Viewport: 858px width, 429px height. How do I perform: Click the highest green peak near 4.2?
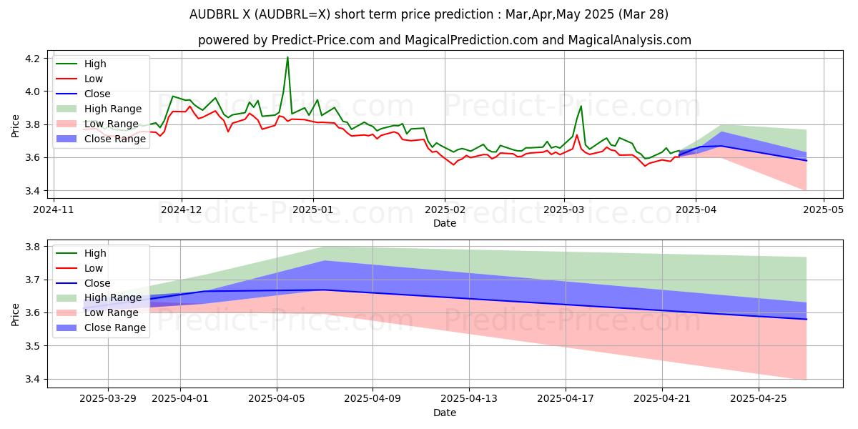(x=287, y=57)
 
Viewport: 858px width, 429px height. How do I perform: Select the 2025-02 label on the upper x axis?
(x=445, y=209)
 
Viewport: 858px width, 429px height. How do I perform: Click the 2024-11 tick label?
(x=54, y=209)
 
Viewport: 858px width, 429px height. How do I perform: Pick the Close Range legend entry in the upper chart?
(x=115, y=139)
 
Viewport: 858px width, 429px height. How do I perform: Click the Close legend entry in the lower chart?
(x=97, y=283)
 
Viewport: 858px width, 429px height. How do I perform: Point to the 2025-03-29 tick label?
(x=108, y=398)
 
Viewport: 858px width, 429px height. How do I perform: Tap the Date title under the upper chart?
(x=445, y=223)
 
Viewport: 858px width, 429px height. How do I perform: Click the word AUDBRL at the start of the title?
(x=214, y=14)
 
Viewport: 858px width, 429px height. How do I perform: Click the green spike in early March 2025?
(x=581, y=107)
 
